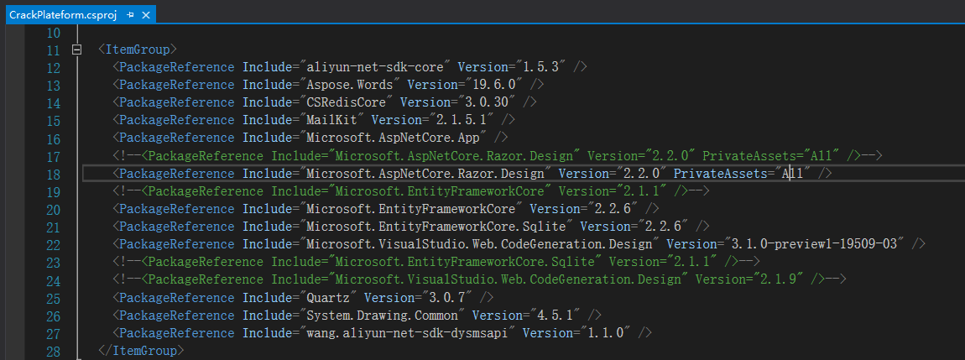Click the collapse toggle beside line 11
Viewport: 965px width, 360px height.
tap(77, 50)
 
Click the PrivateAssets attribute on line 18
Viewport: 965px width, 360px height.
tap(721, 173)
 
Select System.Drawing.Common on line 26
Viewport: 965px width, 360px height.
tap(381, 314)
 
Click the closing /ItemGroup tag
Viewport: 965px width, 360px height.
tap(140, 349)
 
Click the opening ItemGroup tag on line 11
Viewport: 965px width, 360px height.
tap(137, 50)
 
